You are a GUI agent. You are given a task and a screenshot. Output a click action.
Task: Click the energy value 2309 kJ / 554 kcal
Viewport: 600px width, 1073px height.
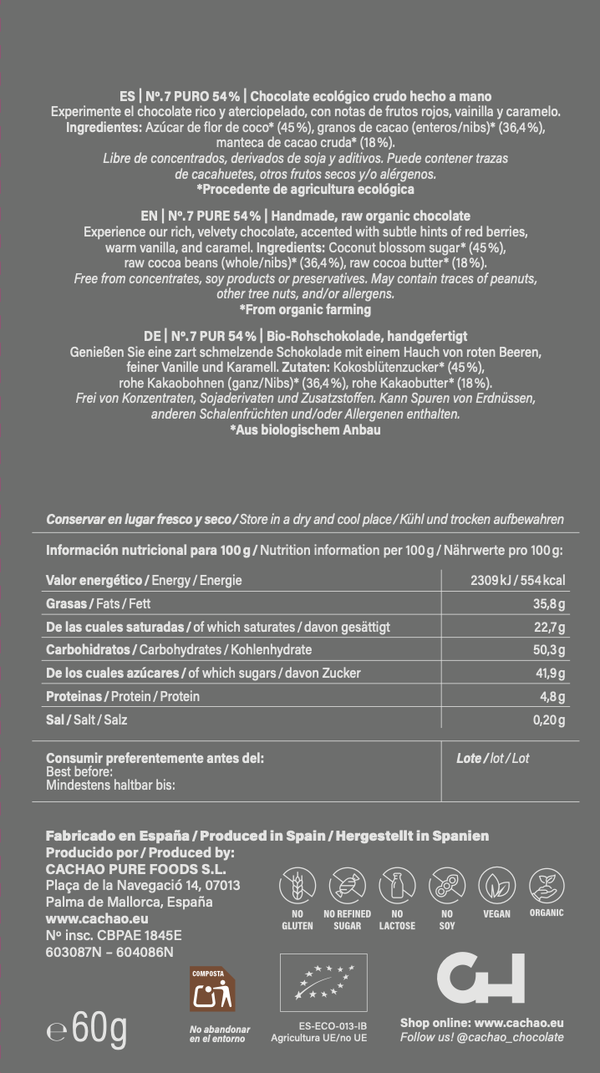click(518, 580)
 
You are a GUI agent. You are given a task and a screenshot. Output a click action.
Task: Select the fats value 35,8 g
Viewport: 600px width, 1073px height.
click(549, 603)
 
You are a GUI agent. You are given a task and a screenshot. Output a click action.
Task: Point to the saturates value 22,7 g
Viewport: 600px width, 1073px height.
click(549, 627)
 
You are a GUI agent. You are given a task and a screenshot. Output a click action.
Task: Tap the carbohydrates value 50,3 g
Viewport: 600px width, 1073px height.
click(549, 650)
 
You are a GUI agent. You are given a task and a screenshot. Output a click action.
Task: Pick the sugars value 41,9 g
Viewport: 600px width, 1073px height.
click(549, 674)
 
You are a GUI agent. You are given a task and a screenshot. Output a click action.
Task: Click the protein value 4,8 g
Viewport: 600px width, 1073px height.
click(552, 697)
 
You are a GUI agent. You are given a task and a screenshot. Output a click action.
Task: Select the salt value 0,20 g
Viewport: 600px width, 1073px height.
click(549, 720)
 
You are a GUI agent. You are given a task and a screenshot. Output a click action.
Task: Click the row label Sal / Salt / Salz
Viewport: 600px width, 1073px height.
click(87, 720)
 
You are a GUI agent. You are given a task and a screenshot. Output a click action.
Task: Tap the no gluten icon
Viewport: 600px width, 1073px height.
click(297, 885)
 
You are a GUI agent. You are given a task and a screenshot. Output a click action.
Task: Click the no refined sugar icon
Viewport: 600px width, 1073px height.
click(347, 885)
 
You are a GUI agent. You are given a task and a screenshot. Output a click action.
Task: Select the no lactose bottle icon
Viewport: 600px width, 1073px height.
click(397, 885)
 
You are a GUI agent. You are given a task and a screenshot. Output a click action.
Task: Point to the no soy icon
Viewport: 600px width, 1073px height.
click(447, 885)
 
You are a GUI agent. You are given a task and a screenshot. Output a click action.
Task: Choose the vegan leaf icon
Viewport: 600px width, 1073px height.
click(497, 885)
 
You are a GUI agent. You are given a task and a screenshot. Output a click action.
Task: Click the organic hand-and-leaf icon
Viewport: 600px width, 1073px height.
click(547, 885)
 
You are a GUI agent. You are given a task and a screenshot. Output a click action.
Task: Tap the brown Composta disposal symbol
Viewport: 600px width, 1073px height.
click(212, 990)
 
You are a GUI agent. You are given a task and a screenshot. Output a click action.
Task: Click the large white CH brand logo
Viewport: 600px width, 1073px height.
click(481, 978)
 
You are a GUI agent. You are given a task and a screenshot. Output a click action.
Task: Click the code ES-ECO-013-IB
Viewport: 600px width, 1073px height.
click(333, 1025)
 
